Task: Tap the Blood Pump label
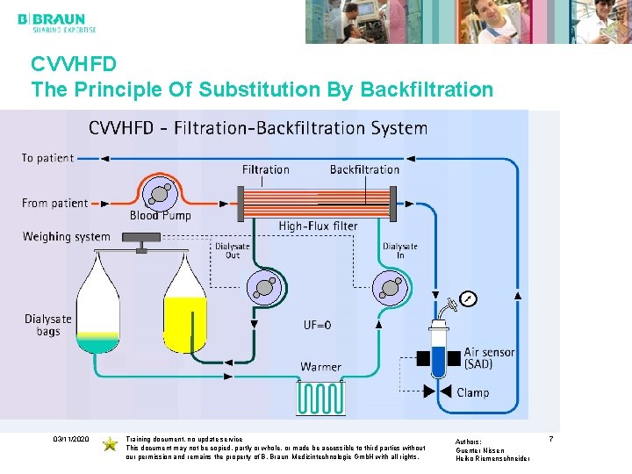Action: coord(160,215)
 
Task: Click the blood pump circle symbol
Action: coord(159,192)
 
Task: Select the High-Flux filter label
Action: coord(318,226)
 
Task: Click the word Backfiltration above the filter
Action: coord(364,169)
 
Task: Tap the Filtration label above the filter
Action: coord(265,169)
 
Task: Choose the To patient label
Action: coord(47,158)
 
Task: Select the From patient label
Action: coord(54,203)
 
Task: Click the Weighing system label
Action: coord(67,236)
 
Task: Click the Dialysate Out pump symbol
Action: coord(264,287)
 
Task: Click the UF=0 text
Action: coord(318,324)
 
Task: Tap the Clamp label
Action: coord(472,392)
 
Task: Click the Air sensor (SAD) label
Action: coord(490,358)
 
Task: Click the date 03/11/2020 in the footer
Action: coord(70,438)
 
